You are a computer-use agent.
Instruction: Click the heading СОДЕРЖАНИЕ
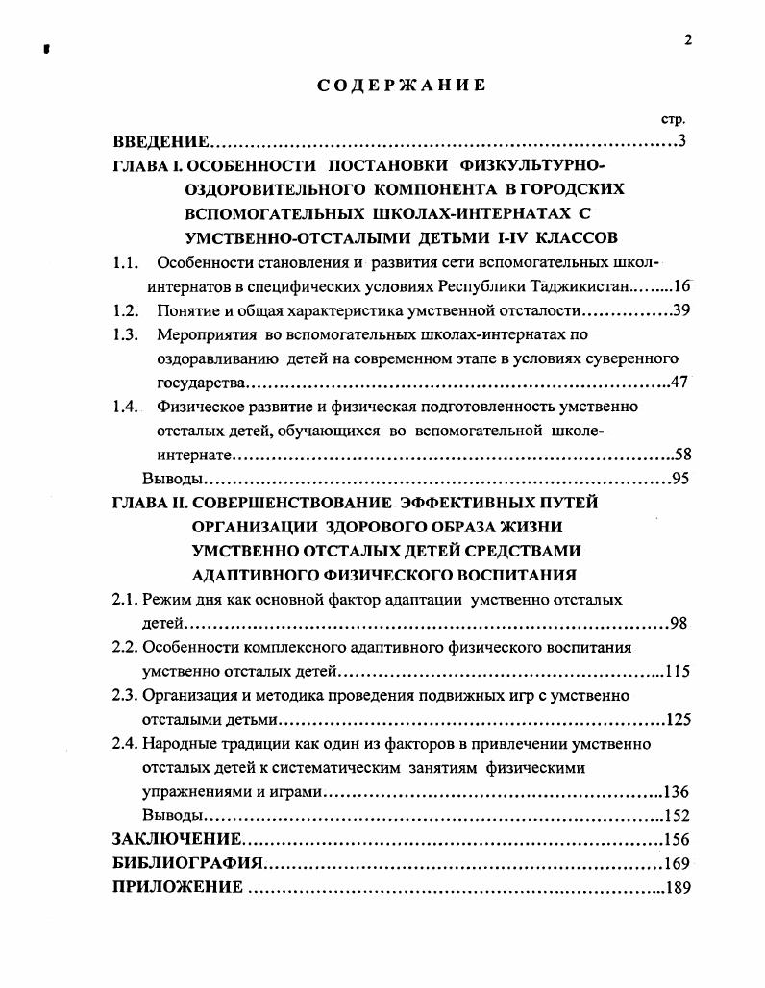(x=402, y=86)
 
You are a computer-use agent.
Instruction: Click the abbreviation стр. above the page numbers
(x=673, y=120)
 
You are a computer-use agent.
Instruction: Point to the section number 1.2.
(x=126, y=309)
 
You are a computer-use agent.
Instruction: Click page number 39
(x=681, y=309)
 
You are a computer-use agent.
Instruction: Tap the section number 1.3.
(x=126, y=334)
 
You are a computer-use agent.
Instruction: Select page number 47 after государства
(x=679, y=383)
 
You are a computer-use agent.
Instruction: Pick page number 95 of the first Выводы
(x=680, y=478)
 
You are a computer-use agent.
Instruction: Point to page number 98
(x=678, y=623)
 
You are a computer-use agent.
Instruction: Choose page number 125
(x=678, y=719)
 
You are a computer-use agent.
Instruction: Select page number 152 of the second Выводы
(x=677, y=815)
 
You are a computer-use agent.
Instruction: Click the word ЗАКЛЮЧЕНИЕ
(x=176, y=839)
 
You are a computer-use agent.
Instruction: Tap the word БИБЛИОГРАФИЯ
(x=187, y=863)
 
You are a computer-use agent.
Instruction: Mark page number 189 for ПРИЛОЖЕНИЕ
(x=677, y=887)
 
